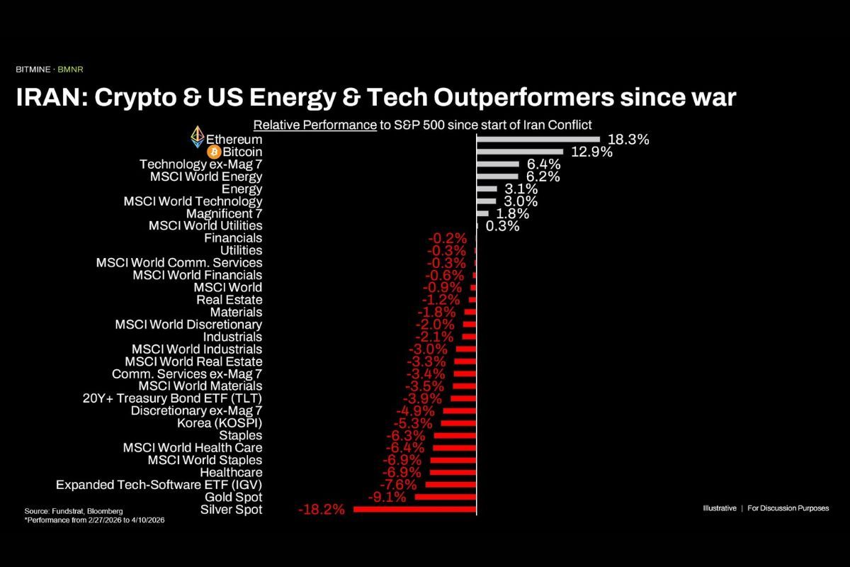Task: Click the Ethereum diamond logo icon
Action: click(x=197, y=137)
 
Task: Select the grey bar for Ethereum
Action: click(x=538, y=140)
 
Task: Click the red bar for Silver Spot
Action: click(x=414, y=510)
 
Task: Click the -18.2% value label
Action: click(x=322, y=510)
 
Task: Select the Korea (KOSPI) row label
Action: click(x=220, y=423)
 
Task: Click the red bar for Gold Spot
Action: click(x=446, y=497)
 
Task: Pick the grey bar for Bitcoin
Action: click(x=520, y=152)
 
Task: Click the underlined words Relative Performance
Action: click(x=314, y=125)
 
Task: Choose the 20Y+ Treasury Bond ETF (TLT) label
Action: click(x=173, y=398)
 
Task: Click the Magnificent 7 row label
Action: click(x=224, y=213)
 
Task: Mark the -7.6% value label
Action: click(x=402, y=485)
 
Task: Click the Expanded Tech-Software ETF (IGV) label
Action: click(x=159, y=485)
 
